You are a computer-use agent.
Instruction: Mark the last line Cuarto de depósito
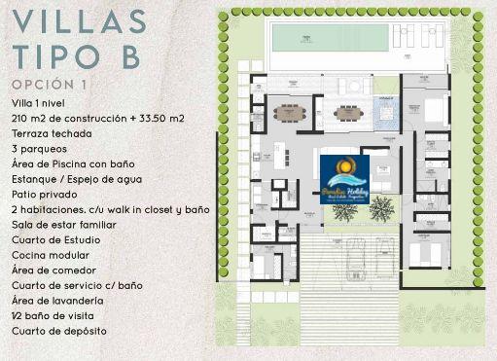[x=59, y=331]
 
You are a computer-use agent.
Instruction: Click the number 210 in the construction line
[x=21, y=119]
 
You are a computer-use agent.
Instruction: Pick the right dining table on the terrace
[x=348, y=113]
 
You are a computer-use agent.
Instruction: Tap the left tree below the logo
[x=341, y=208]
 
